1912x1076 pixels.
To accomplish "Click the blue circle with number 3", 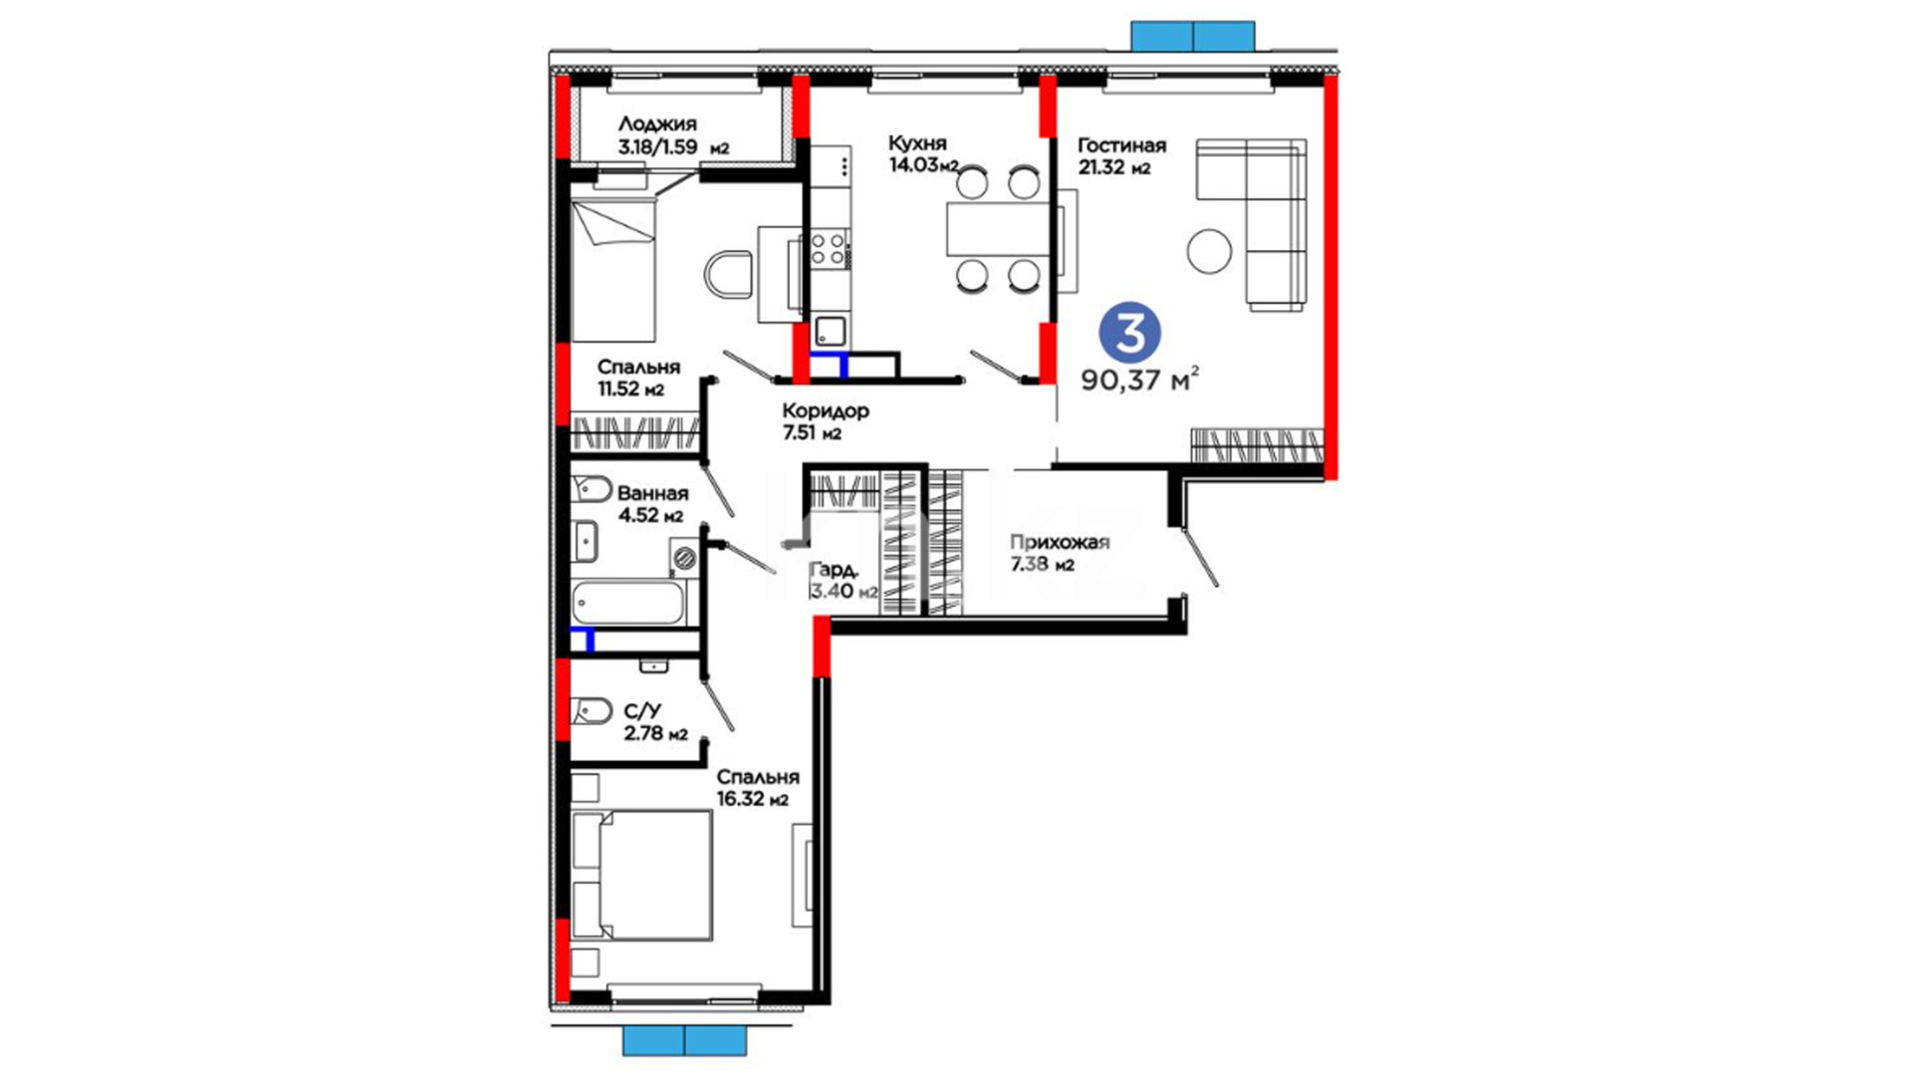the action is [x=1130, y=334].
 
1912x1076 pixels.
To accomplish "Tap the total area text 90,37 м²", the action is [x=1140, y=380].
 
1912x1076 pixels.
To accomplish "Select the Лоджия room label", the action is [x=657, y=125].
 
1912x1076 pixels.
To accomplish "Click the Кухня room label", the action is [x=917, y=143].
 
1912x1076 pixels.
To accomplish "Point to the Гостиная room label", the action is [x=1121, y=145].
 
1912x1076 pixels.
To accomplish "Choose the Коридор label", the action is [x=826, y=410].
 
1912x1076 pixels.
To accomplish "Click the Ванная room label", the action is [x=652, y=493].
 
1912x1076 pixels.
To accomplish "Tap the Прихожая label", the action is [x=1060, y=543].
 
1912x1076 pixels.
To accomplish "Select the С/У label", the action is [x=642, y=711].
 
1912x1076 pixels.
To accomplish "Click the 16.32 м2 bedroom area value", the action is [x=752, y=799].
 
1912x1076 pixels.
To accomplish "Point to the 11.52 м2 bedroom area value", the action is [x=630, y=389].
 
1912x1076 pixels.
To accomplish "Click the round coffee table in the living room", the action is [x=1210, y=250].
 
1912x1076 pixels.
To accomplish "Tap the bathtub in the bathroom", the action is [x=628, y=603].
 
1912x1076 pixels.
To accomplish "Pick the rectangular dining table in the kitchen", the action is [x=999, y=228].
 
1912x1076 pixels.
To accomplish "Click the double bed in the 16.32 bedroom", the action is [x=642, y=875].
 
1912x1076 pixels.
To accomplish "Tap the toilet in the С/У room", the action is [x=591, y=711].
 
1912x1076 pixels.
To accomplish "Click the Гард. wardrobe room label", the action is [x=835, y=570].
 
